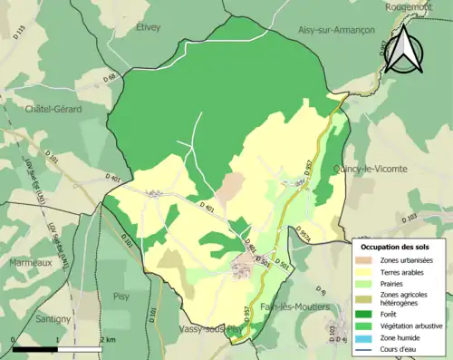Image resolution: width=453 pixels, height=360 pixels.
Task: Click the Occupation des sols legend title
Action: tap(395, 247)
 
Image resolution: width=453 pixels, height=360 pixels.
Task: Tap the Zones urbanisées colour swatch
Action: tap(367, 260)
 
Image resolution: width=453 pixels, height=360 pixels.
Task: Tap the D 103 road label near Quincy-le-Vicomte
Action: tap(409, 218)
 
